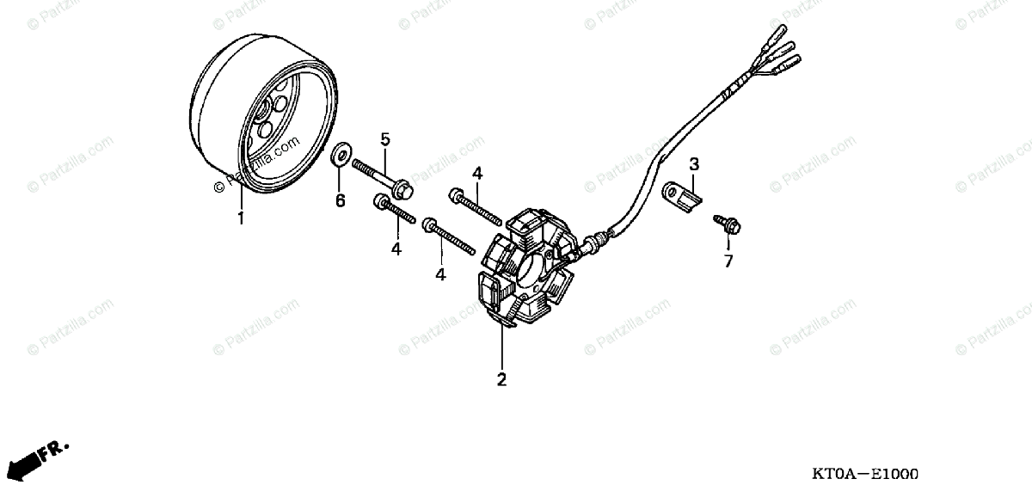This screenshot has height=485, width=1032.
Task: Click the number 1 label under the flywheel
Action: (241, 218)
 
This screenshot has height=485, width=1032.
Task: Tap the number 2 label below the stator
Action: (501, 378)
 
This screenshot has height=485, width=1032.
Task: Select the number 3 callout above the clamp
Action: (694, 163)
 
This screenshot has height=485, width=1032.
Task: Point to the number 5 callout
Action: (385, 138)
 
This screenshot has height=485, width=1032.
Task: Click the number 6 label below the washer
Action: (340, 200)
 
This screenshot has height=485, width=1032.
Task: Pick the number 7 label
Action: (728, 261)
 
